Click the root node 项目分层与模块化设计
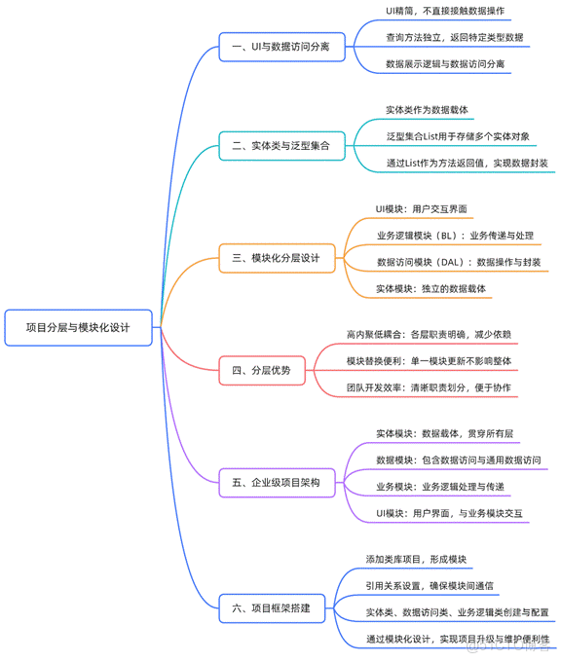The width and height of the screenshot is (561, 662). click(x=78, y=328)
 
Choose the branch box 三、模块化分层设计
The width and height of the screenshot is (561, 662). click(x=278, y=259)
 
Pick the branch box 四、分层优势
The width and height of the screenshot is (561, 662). click(x=261, y=370)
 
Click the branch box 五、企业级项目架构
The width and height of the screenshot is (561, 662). click(x=278, y=481)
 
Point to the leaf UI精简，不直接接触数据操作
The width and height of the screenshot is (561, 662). click(x=445, y=11)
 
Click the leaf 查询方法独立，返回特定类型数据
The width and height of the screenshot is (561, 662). click(x=454, y=38)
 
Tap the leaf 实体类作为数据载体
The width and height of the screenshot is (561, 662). click(x=427, y=110)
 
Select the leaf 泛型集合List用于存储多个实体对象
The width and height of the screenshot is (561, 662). click(x=458, y=136)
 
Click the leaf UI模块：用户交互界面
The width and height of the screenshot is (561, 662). click(x=422, y=208)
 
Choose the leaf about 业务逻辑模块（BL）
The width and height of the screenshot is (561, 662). click(x=453, y=236)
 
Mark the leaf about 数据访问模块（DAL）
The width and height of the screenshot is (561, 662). click(x=458, y=262)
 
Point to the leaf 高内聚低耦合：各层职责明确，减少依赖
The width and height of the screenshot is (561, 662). click(x=429, y=334)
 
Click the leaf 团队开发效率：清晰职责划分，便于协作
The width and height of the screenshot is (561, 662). click(x=429, y=387)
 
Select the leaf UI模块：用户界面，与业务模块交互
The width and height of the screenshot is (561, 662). click(x=449, y=513)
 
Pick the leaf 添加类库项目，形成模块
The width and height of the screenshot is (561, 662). click(x=417, y=560)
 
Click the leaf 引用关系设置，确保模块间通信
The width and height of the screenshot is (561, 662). click(x=430, y=586)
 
